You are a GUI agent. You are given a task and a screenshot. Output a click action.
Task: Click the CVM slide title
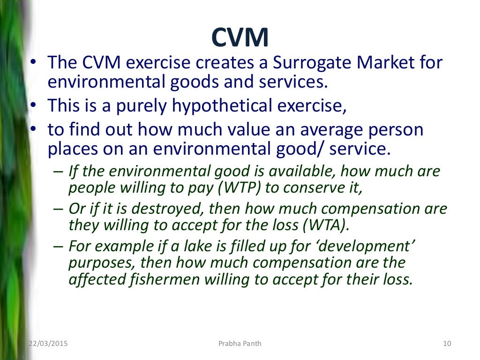[x=240, y=37]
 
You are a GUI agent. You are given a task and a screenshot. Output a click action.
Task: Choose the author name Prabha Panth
[x=240, y=344]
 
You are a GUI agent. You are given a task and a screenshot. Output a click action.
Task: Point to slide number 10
[x=446, y=344]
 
